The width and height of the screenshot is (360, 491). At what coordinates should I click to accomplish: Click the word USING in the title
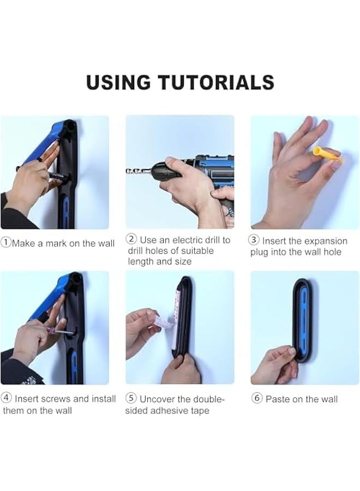pos(118,82)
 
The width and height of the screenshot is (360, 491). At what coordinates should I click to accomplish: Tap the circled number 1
pos(5,243)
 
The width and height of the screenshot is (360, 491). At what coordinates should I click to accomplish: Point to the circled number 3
pos(254,240)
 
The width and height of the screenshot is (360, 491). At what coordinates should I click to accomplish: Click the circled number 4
pos(7,398)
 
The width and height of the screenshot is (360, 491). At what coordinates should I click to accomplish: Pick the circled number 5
pos(131,398)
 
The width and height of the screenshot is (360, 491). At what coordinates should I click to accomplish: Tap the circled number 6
pos(257,398)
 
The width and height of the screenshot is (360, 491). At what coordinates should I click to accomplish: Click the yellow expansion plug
pos(327,155)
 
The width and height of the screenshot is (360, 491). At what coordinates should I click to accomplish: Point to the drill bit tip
pos(127,171)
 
